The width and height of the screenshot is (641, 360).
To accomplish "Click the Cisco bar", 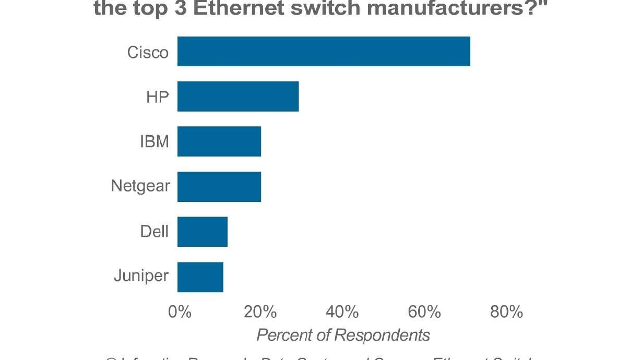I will [x=324, y=51].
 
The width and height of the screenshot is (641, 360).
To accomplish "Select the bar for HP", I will [x=238, y=97].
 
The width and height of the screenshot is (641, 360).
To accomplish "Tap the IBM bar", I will [x=219, y=141].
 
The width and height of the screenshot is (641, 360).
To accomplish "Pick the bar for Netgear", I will [x=219, y=187].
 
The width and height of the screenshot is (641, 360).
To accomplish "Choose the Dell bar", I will [x=203, y=232].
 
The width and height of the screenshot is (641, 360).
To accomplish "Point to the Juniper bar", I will [x=200, y=277].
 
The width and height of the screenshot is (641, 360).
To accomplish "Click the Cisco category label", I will [x=148, y=52].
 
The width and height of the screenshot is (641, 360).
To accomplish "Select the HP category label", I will [x=157, y=97].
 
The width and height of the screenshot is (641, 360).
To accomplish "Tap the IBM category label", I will [x=155, y=142].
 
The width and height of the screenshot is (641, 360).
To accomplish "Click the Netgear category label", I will [x=140, y=186].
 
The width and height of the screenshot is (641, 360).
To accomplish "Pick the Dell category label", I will [x=155, y=231].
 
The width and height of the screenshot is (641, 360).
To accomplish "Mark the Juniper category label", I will [x=141, y=275].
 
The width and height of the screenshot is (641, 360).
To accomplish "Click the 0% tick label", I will [x=180, y=312].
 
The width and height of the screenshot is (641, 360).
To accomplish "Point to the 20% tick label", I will [x=260, y=312].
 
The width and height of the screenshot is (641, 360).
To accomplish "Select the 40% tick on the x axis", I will [x=342, y=312].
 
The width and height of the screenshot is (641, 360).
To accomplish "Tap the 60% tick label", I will [x=424, y=312].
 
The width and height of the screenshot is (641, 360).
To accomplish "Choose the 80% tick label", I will [x=506, y=312].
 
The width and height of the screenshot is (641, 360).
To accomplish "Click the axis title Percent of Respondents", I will [x=343, y=335].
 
